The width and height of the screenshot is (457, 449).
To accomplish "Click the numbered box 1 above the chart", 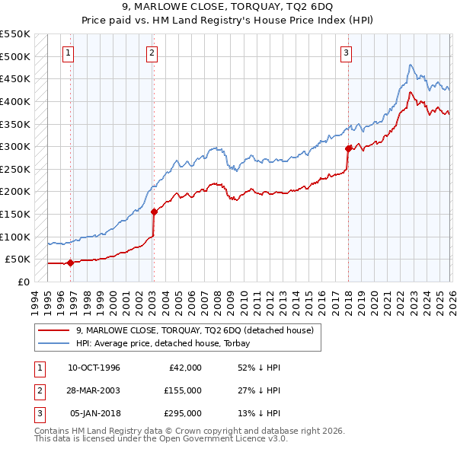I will [x=69, y=53].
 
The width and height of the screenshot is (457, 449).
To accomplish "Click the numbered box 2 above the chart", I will [x=152, y=53].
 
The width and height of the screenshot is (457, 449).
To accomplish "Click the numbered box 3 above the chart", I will [x=346, y=53].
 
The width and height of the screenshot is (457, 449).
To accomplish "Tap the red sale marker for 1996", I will [x=70, y=263].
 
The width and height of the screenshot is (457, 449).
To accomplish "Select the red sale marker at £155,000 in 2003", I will [x=153, y=212].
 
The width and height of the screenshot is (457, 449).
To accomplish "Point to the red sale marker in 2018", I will [x=348, y=148].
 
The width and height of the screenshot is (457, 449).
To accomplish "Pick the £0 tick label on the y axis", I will [x=23, y=282].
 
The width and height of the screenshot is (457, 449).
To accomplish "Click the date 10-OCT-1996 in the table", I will [x=94, y=368].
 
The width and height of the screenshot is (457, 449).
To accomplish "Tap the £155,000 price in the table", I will [x=183, y=390].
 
